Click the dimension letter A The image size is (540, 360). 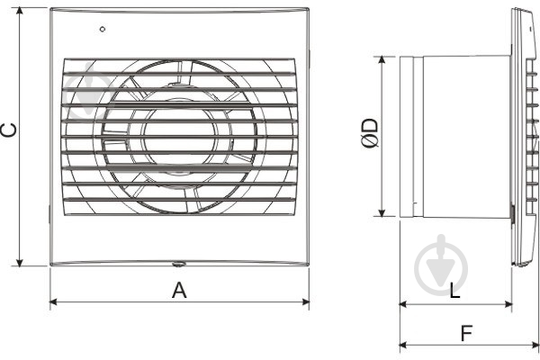pyautogui.click(x=179, y=290)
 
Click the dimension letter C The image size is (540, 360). pyautogui.click(x=8, y=130)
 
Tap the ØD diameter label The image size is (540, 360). pyautogui.click(x=369, y=133)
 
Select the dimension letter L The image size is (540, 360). pyautogui.click(x=454, y=291)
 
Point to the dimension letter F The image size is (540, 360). pyautogui.click(x=466, y=333)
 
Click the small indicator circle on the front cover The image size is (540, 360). pyautogui.click(x=103, y=30)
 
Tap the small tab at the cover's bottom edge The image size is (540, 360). pyautogui.click(x=178, y=265)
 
